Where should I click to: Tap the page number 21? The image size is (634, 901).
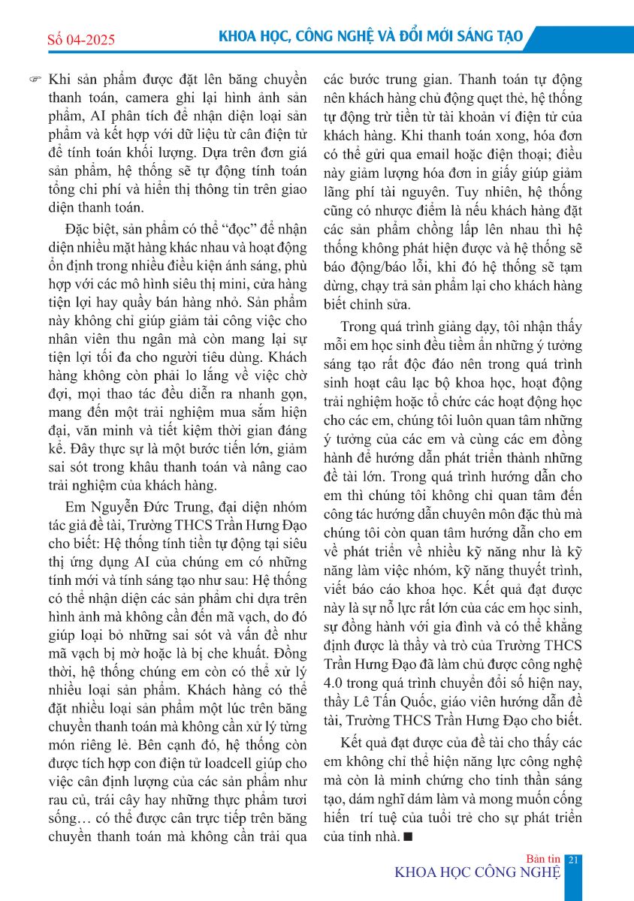[x=573, y=859]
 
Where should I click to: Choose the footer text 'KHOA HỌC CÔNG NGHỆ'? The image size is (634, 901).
[x=478, y=872]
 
